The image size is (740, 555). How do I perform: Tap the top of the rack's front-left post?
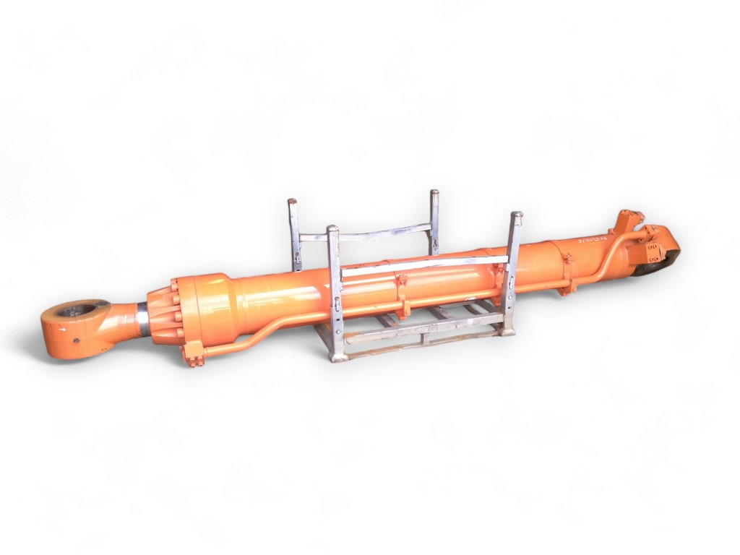[332, 231]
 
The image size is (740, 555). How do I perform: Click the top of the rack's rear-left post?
[292, 203]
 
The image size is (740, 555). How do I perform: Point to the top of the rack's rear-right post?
[434, 194]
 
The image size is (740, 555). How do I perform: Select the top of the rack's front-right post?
[516, 216]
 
